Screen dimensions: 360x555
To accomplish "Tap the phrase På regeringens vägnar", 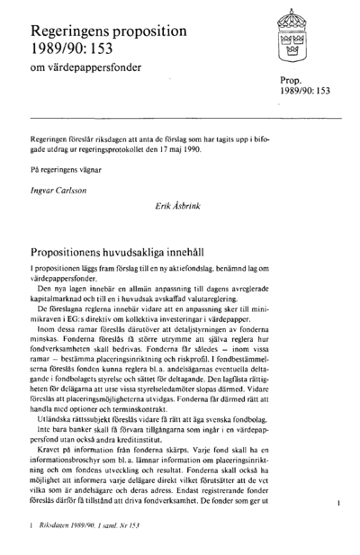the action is tap(67, 169).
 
